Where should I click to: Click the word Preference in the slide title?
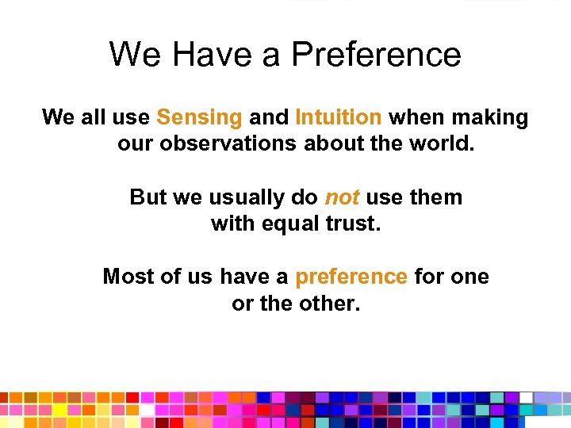tap(376, 55)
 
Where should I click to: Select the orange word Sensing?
tap(199, 117)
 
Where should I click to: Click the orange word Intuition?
tap(339, 117)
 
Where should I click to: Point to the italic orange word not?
tap(342, 197)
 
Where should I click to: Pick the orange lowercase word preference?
tap(351, 277)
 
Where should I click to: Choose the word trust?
tap(353, 224)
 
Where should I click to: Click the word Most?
tap(128, 277)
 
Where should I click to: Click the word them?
tap(435, 197)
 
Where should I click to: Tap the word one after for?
tap(471, 277)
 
